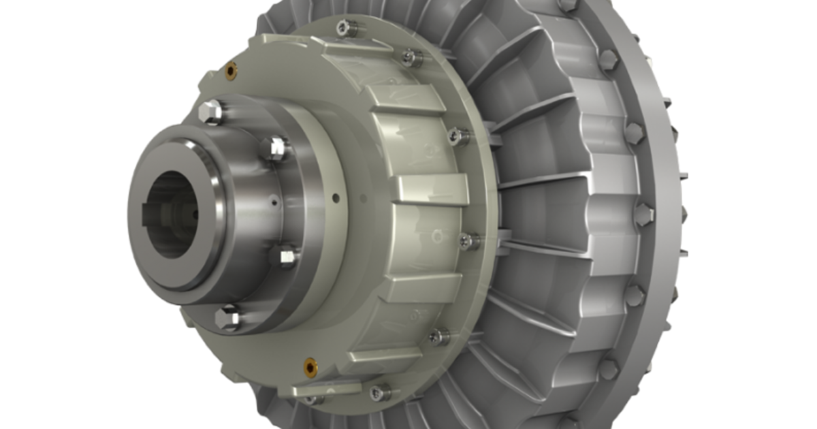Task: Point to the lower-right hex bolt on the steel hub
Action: coord(285,257)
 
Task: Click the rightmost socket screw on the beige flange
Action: coord(468,240)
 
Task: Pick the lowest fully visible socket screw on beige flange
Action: coord(379,391)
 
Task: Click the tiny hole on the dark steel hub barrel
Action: coord(273,202)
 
